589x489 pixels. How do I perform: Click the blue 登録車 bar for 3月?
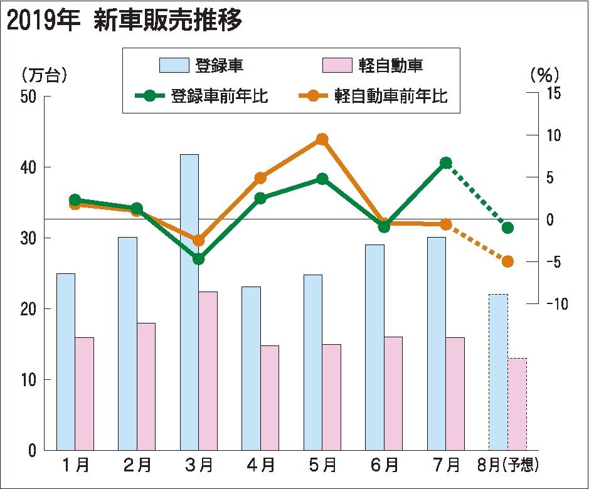189,301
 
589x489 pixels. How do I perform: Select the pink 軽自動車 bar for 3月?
208,370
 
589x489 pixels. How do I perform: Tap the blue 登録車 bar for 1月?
66,361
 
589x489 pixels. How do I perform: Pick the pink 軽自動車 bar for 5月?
331,396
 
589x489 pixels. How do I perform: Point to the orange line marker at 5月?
322,139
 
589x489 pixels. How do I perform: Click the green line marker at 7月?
446,163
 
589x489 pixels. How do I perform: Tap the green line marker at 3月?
199,258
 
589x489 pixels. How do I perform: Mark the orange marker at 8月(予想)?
507,261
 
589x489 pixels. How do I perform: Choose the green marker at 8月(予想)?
507,228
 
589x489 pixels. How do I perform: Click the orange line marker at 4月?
261,178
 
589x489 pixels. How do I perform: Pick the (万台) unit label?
44,75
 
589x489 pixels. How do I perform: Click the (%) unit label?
544,75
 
